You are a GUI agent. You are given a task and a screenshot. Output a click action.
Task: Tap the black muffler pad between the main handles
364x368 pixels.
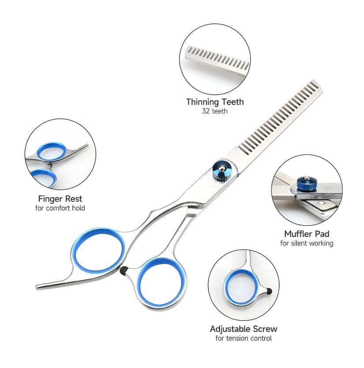[123, 270]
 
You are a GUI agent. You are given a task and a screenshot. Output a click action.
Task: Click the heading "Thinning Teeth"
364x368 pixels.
[215, 102]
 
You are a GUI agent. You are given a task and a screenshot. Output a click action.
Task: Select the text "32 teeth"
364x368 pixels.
[215, 111]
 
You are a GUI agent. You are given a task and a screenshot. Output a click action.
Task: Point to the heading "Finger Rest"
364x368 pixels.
[60, 199]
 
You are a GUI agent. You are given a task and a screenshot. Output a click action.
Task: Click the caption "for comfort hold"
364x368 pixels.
[60, 208]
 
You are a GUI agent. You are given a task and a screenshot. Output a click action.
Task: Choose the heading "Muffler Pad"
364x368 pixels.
[307, 234]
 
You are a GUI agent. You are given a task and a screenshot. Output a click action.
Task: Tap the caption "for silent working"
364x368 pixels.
[307, 243]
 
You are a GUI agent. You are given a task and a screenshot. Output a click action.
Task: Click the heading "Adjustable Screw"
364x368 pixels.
[243, 329]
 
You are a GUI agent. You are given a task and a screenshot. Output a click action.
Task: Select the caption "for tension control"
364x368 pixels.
[243, 338]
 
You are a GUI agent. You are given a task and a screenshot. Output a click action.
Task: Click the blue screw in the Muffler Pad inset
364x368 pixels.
[307, 182]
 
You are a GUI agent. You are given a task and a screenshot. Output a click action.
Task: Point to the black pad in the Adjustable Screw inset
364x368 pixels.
[269, 291]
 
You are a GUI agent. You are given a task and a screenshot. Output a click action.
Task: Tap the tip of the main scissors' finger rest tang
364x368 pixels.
[38, 287]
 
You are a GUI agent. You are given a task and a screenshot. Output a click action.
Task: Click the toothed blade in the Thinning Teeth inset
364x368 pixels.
[217, 61]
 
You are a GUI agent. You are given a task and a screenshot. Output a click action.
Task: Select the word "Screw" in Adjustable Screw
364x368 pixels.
[265, 329]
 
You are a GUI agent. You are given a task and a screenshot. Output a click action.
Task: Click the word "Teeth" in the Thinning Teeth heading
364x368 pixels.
[233, 102]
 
